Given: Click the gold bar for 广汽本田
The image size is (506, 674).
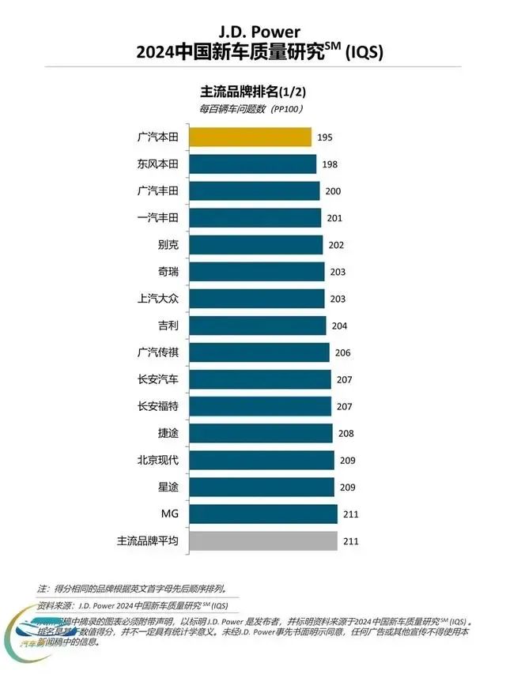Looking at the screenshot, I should pyautogui.click(x=249, y=137).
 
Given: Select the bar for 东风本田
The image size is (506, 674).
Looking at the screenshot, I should pyautogui.click(x=252, y=164).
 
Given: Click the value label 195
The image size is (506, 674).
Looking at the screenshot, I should pyautogui.click(x=325, y=137).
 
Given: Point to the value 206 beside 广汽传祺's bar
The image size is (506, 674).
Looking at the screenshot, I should pyautogui.click(x=343, y=352).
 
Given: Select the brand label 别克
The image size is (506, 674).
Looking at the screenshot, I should pyautogui.click(x=168, y=245).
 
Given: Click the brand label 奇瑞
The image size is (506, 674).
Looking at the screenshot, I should pyautogui.click(x=168, y=272).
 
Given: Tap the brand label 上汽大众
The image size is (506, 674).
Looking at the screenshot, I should pyautogui.click(x=158, y=299).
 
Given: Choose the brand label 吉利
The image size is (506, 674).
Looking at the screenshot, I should pyautogui.click(x=168, y=326).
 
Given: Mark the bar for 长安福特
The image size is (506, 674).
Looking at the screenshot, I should pyautogui.click(x=259, y=406).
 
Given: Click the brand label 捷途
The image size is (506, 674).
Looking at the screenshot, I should pyautogui.click(x=168, y=433).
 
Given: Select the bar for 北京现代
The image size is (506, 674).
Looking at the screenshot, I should pyautogui.click(x=260, y=460).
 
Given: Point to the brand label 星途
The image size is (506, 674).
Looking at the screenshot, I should pyautogui.click(x=168, y=487).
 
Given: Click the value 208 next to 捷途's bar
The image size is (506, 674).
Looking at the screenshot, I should pyautogui.click(x=346, y=434).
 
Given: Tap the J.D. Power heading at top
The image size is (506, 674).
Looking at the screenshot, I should pyautogui.click(x=252, y=33).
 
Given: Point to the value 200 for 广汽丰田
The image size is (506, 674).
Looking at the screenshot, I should pyautogui.click(x=333, y=191).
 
